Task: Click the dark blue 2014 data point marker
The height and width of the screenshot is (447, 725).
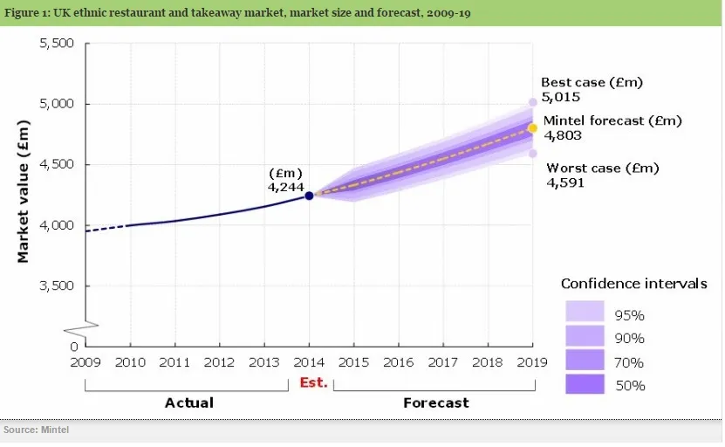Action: coord(309,196)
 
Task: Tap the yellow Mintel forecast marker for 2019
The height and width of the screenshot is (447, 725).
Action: coord(532,128)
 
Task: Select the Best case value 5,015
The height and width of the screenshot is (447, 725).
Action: coord(560,97)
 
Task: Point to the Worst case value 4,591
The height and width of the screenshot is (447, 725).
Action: coord(565,183)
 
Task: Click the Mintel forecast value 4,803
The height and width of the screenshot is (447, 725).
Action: coord(563,135)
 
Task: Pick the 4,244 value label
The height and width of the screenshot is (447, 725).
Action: coord(286,185)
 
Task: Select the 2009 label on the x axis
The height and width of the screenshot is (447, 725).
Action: coord(85,361)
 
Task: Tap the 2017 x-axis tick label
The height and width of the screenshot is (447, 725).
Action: coord(443,361)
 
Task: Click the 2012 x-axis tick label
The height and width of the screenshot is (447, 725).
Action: coord(220,361)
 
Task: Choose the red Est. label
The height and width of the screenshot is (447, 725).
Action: coord(313,382)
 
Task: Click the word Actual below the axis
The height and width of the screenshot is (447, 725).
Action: coord(188,402)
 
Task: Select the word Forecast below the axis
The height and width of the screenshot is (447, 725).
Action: coord(435,402)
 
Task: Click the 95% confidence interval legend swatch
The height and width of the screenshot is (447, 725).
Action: coord(585,312)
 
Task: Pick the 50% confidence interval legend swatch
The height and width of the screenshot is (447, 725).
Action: coord(585,383)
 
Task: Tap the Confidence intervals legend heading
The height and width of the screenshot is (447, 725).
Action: coord(633,284)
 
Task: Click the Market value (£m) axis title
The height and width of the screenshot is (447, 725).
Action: coord(24,196)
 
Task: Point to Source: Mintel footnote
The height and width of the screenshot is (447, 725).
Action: coord(37,430)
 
